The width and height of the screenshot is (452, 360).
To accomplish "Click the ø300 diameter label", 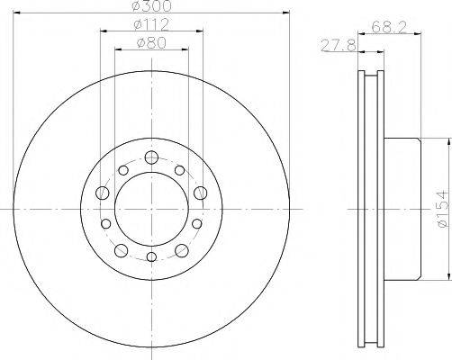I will [x=151, y=6].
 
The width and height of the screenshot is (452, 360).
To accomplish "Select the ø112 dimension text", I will [x=151, y=24].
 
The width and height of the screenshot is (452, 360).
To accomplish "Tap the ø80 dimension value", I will [x=151, y=41].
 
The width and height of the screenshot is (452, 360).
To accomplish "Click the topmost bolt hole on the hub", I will [x=150, y=158].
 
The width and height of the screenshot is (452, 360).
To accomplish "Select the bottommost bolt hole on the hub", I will [x=150, y=258].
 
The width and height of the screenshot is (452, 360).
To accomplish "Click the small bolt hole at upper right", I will [x=180, y=169].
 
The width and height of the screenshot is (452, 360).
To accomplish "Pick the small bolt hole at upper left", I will [x=122, y=169].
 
